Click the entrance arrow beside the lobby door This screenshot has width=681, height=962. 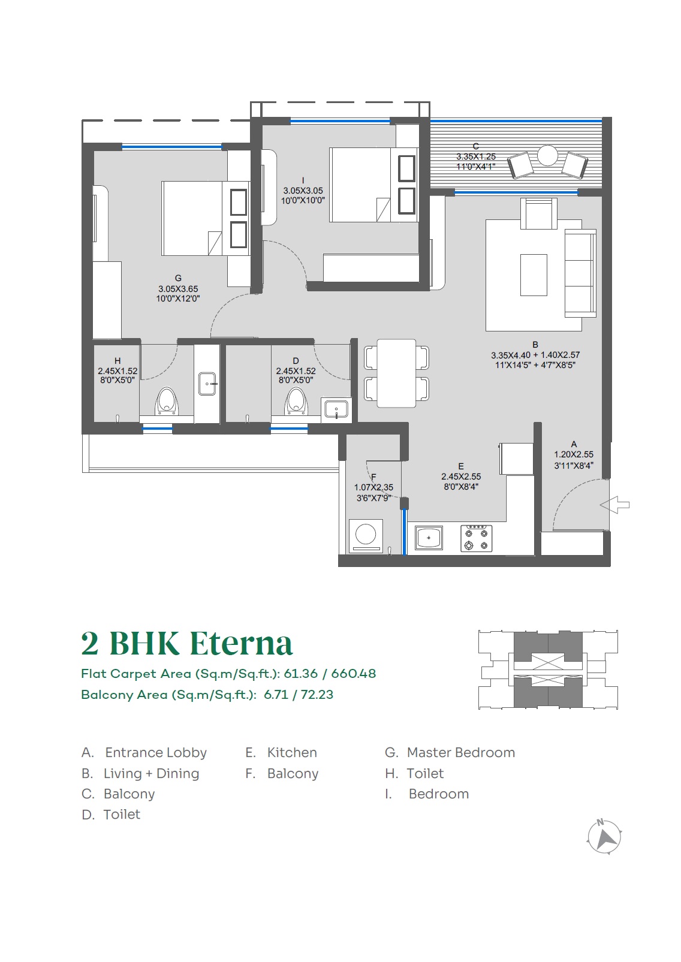pos(614,505)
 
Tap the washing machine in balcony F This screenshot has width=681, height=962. pos(366,535)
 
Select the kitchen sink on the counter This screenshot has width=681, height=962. pos(429,538)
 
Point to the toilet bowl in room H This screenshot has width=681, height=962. pos(166,402)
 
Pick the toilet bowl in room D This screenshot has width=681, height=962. pos(296,401)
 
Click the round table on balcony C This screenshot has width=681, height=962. pos(547,155)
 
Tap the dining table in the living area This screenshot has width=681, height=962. pos(396,373)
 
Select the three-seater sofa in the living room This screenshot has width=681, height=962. pos(580,273)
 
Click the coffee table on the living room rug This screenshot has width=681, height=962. pos(534,275)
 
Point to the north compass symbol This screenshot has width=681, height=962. pos(604,837)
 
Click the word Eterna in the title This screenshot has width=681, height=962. pos(241,644)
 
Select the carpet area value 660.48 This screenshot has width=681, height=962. pos(354,674)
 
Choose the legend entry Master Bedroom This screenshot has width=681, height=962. pos(450,752)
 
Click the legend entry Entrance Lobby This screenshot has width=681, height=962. pos(144,753)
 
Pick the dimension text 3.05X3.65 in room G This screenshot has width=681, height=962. pos(178,289)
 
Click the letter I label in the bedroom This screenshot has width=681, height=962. pos(303,180)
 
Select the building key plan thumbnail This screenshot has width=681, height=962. pos(548,670)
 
